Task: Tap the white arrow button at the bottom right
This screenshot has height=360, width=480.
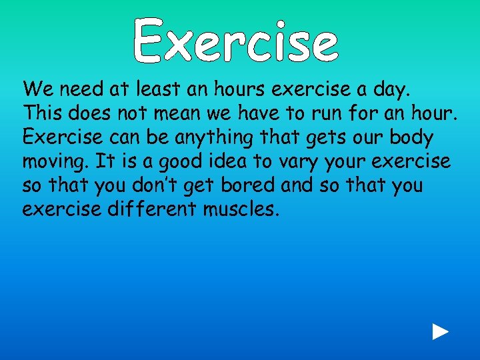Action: [439, 332]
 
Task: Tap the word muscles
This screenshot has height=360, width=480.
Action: [242, 209]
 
